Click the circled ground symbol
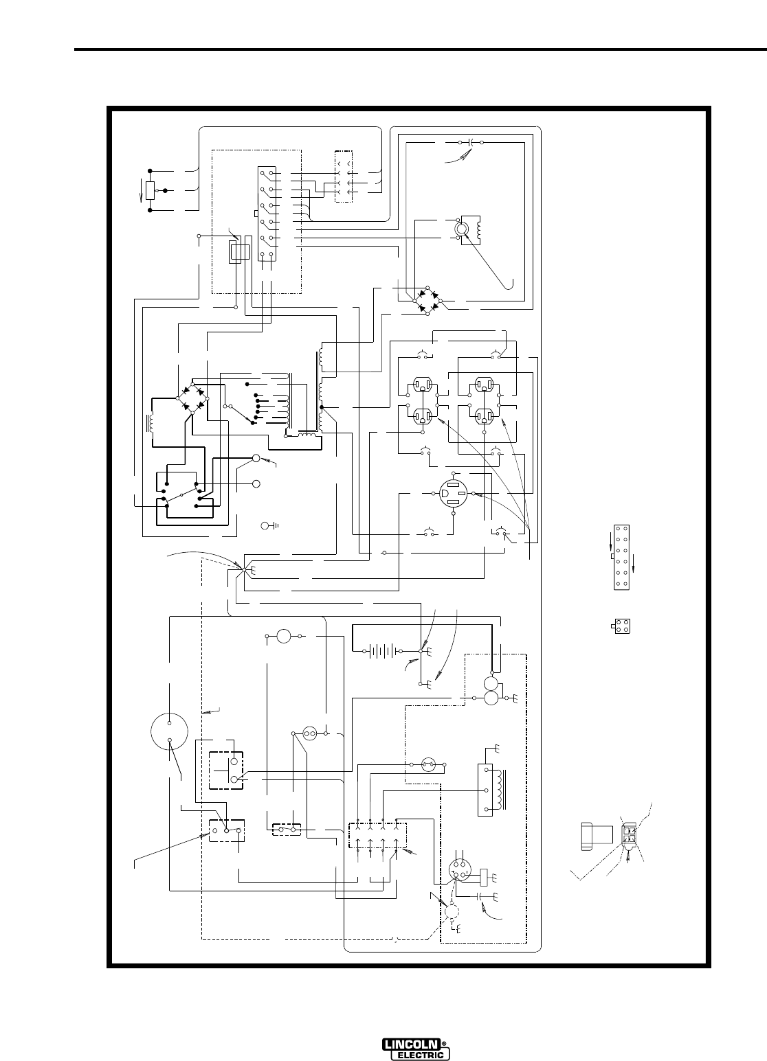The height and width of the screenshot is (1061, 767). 267,526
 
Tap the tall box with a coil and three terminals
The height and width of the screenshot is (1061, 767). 489,790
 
